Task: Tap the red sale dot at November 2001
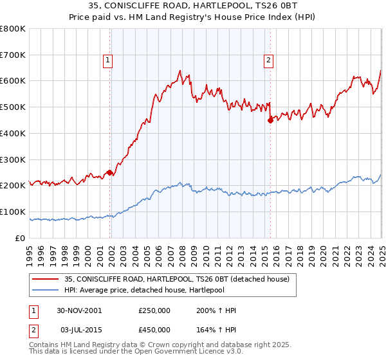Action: click(x=110, y=172)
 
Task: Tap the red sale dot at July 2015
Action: click(x=270, y=120)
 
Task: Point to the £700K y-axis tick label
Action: click(x=13, y=55)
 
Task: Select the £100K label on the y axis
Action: click(x=13, y=212)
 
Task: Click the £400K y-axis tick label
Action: click(x=13, y=133)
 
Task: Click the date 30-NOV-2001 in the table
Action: click(x=79, y=310)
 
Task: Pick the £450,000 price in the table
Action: click(x=154, y=328)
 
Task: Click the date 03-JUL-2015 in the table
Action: click(x=78, y=328)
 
